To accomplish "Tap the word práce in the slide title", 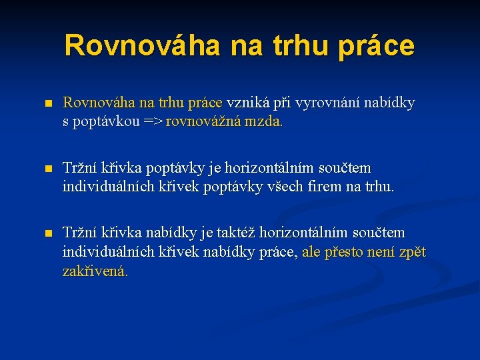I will pos(376,46).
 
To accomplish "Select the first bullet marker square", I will pos(47,104).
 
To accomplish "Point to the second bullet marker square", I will pos(47,169).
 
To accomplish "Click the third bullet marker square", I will pos(47,233).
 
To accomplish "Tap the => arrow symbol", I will pos(154,122).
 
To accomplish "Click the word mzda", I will pos(267,122).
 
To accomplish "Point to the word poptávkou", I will pos(106,122).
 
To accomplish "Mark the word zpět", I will pos(412,251).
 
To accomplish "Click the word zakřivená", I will pos(95,271).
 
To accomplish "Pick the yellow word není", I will pos(383,251).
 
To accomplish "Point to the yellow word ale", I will pos(312,251).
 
